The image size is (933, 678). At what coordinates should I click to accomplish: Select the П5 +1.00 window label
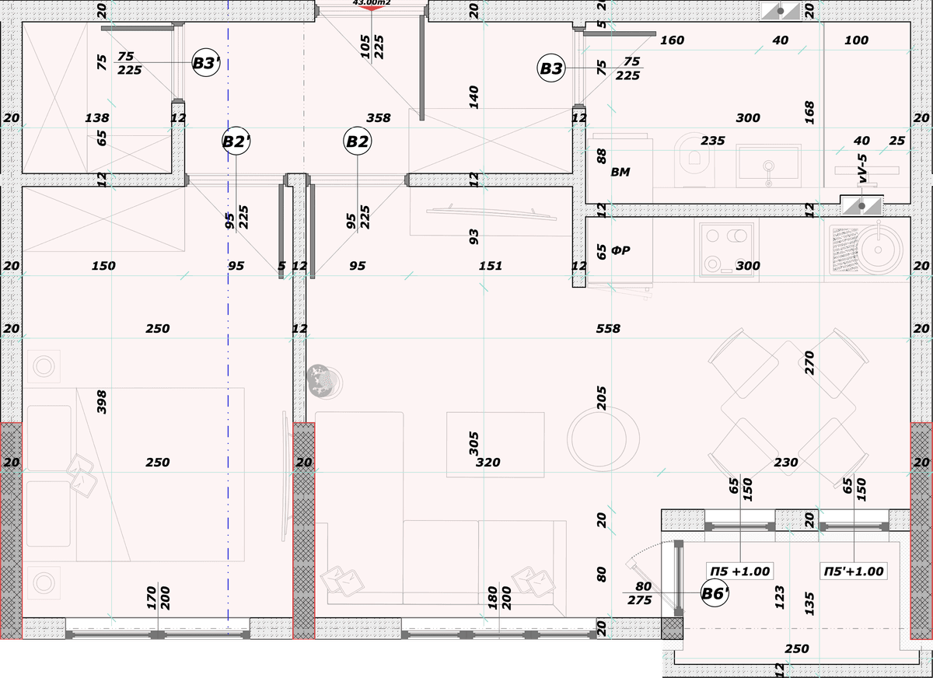point(739,571)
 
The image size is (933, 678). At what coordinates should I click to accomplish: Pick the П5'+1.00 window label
point(854,571)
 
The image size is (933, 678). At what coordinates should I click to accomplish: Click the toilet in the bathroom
point(694,160)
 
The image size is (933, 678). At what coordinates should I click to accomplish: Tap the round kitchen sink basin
point(878,250)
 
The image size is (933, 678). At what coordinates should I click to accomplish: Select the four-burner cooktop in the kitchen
point(727,250)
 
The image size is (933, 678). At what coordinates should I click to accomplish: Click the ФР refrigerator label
point(620,250)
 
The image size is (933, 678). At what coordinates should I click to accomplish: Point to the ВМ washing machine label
point(620,172)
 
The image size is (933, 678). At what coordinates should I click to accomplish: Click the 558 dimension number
point(608,329)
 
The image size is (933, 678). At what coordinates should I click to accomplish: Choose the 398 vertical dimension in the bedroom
point(101,402)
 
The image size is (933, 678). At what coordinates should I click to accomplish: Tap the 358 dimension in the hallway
point(378,118)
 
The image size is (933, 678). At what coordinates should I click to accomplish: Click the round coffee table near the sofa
point(603,439)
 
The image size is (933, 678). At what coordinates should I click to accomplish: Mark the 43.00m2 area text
point(372,2)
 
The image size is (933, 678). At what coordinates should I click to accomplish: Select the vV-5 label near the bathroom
point(862,168)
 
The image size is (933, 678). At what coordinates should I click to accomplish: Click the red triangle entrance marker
point(371,9)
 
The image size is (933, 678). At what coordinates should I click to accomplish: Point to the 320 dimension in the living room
point(487,463)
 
